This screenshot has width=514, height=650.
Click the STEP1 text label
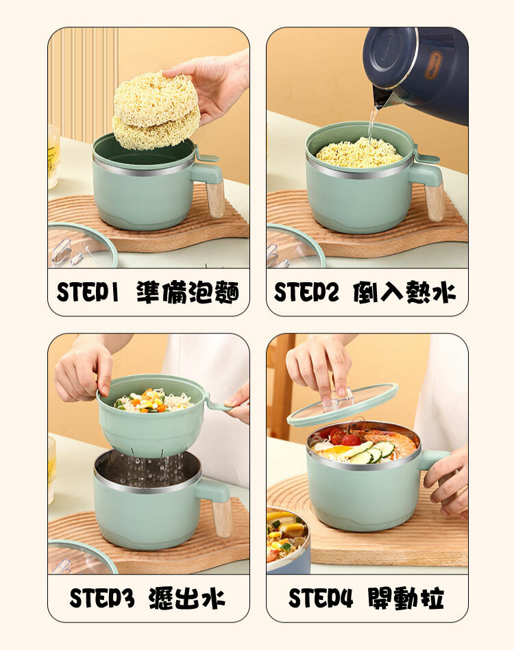tap(88, 292)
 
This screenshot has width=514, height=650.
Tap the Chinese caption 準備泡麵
tap(188, 292)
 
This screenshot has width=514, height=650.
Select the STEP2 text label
tap(306, 292)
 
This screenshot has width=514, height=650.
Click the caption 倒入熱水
tap(404, 292)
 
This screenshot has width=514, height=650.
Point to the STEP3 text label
tap(102, 598)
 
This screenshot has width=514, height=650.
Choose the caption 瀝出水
tap(186, 598)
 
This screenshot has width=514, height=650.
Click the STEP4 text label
tap(321, 598)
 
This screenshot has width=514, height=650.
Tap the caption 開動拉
tap(406, 598)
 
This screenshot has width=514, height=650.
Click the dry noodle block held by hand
tap(156, 110)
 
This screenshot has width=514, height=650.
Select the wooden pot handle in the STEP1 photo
tap(216, 199)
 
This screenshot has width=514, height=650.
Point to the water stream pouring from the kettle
tap(371, 125)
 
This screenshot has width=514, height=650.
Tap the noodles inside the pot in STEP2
tap(359, 153)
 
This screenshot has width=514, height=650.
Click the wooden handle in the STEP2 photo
tap(435, 202)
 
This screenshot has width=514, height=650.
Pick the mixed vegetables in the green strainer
tap(144, 401)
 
